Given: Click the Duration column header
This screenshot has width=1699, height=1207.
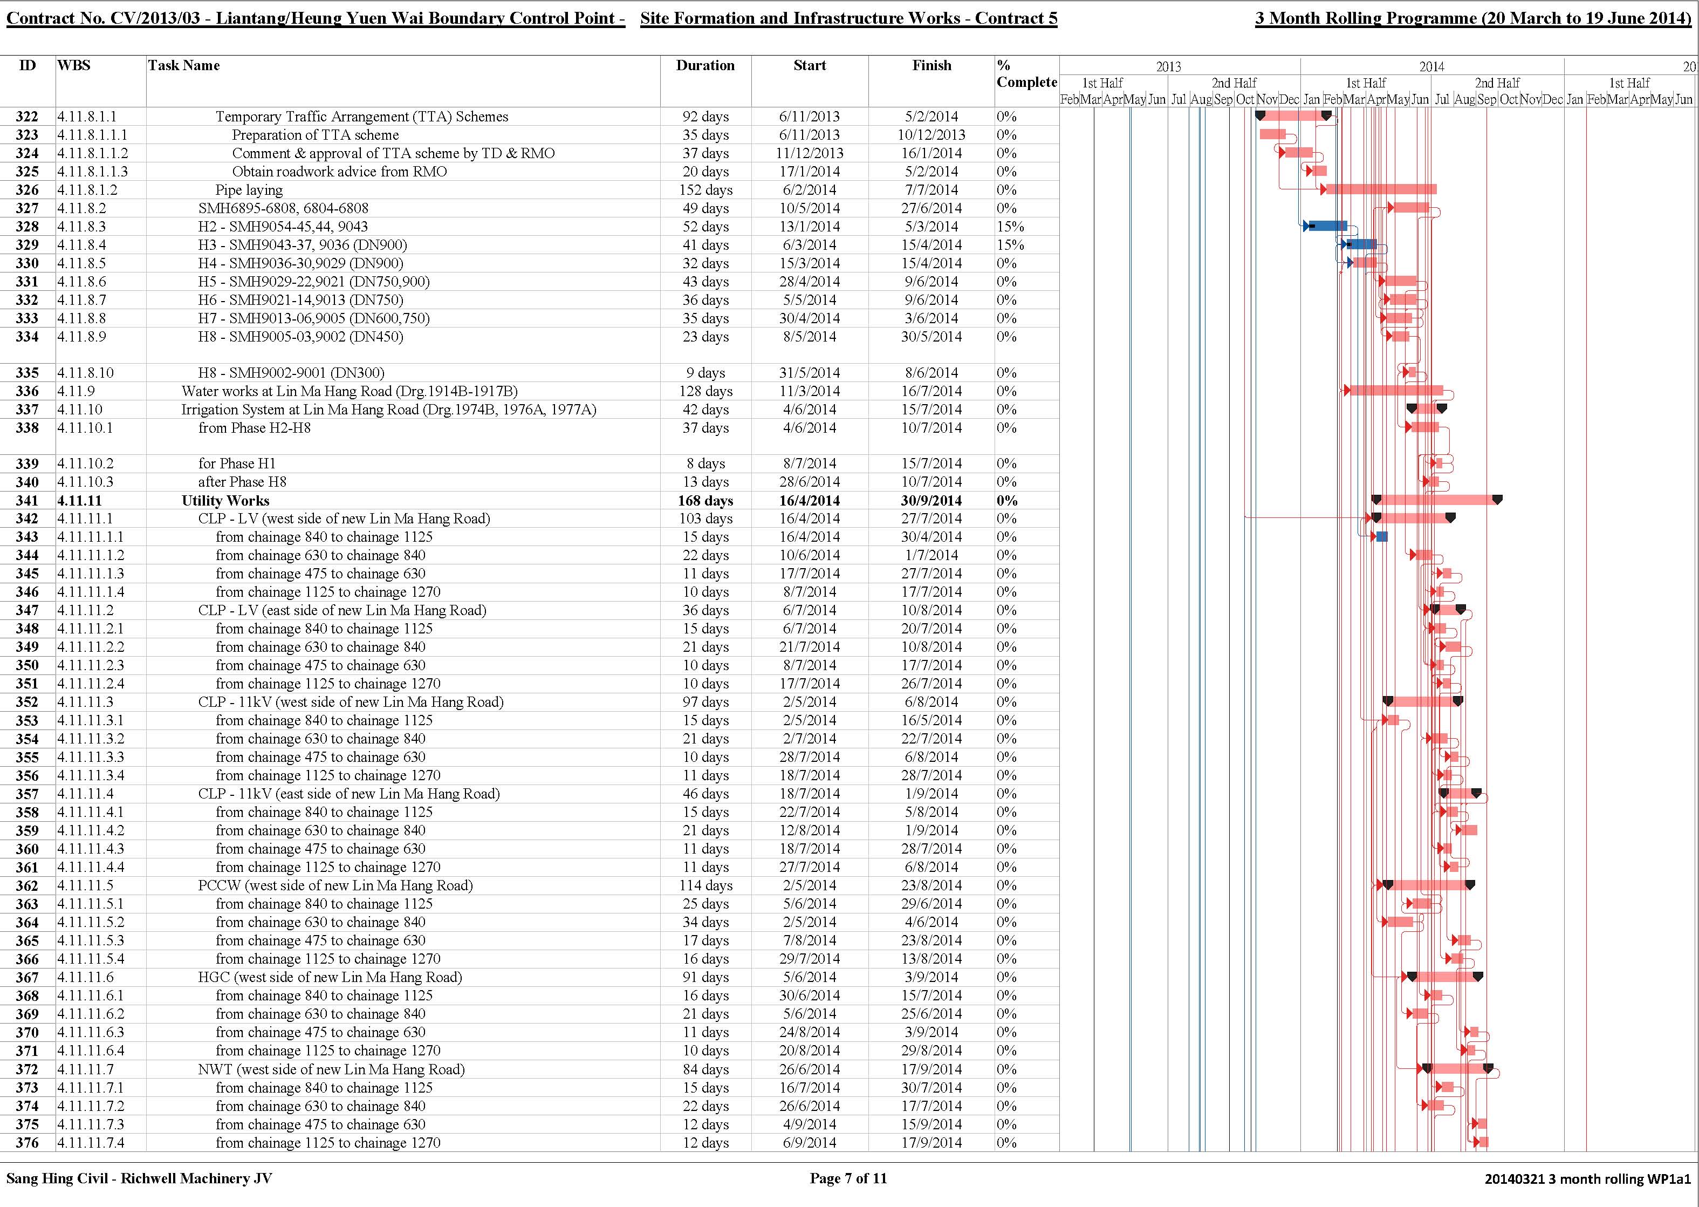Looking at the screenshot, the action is tap(705, 65).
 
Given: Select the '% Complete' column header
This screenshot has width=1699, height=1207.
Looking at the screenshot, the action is tap(1026, 73).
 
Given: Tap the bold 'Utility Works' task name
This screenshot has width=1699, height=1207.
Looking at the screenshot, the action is tap(225, 501).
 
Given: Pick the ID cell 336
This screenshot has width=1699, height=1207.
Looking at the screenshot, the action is tap(28, 392).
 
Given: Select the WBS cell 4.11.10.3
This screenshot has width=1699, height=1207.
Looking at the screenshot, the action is tap(85, 482).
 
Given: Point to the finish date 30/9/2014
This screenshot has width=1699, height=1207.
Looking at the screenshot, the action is tap(931, 501).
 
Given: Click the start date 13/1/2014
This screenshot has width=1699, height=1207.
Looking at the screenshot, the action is tap(809, 227).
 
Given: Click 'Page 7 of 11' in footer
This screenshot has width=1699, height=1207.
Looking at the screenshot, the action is tap(848, 1178).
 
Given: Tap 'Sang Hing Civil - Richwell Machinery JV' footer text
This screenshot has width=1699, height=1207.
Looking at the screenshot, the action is tap(139, 1178).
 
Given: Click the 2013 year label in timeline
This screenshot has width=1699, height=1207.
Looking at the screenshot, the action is tap(1169, 67).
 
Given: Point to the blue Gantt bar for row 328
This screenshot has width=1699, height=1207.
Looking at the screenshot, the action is tap(1327, 226).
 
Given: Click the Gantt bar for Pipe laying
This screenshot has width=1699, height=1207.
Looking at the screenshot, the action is tap(1381, 189).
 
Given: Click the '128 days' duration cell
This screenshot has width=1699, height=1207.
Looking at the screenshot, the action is tap(705, 392).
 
